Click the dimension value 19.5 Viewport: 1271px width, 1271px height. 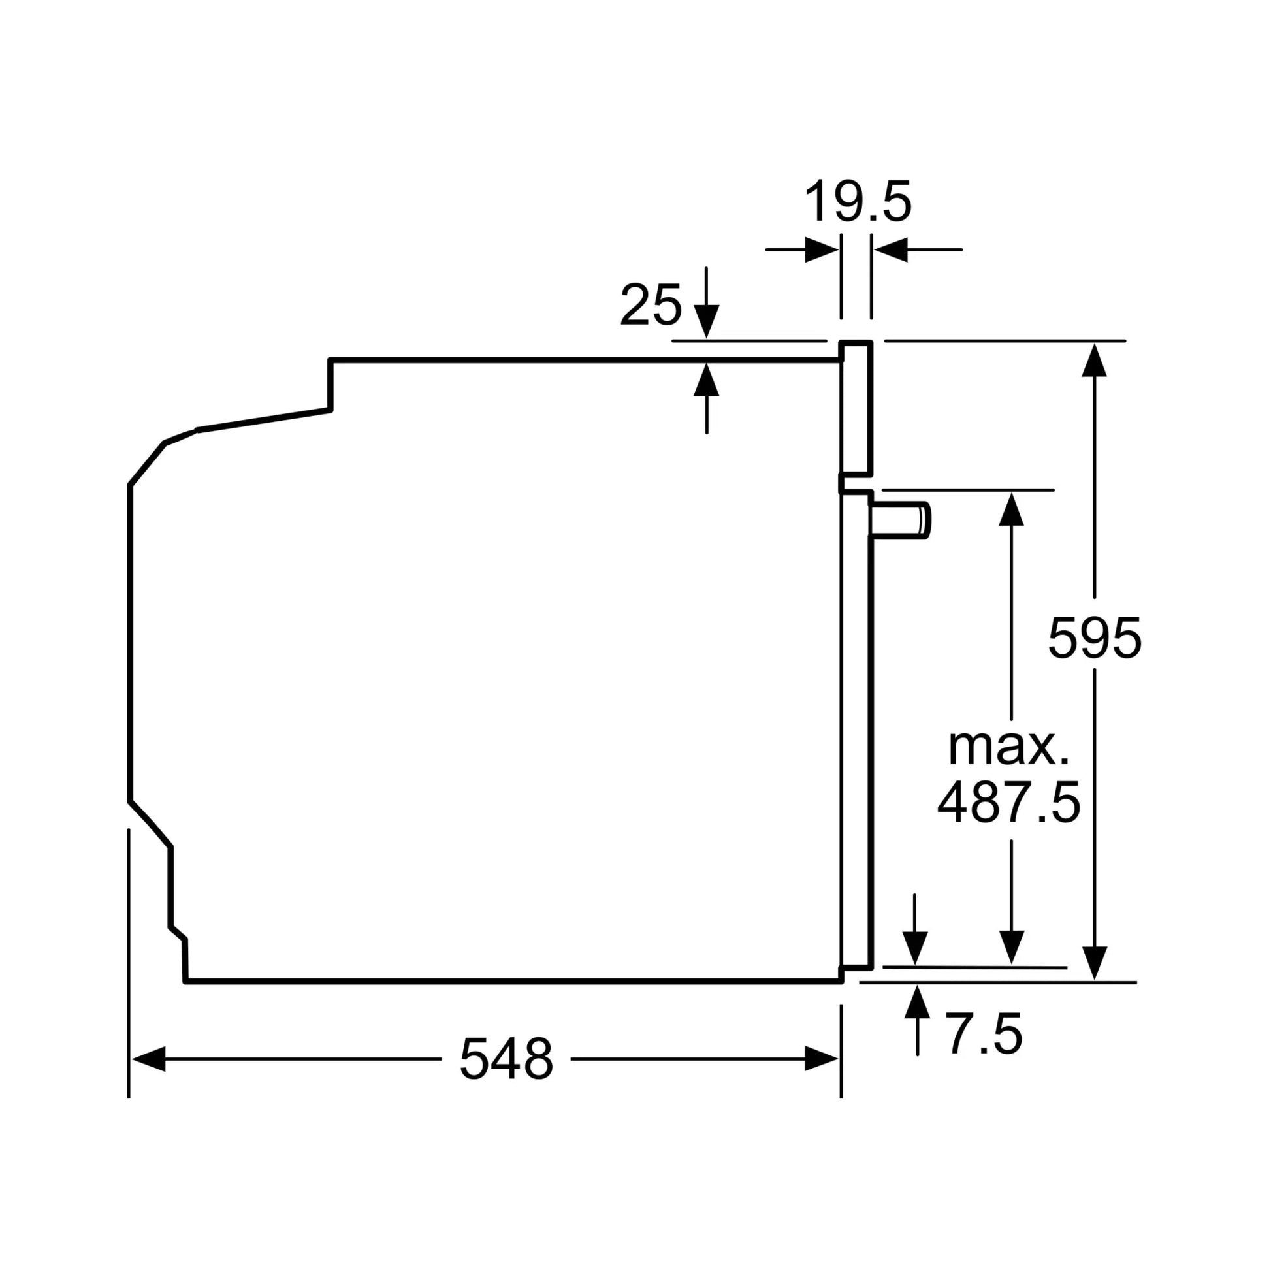coord(858,201)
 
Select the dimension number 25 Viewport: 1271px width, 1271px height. coord(651,305)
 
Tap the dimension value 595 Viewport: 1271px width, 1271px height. coord(1094,637)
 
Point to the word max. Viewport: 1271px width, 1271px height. coord(1008,747)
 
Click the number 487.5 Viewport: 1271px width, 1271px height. coord(1008,803)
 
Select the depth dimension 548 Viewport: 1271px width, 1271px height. coord(506,1059)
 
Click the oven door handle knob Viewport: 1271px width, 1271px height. coord(901,520)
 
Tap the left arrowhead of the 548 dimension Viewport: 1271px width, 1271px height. coord(149,1059)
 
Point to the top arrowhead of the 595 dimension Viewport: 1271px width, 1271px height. coord(1094,361)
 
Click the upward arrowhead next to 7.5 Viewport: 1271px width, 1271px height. coord(918,1002)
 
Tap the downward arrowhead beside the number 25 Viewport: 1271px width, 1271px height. coord(707,322)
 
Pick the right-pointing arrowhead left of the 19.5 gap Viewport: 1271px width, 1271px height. coord(821,250)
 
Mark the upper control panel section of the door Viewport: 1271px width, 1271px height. coord(856,408)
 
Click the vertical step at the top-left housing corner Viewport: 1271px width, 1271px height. coord(330,385)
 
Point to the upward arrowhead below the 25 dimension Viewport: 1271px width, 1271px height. coord(707,379)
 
